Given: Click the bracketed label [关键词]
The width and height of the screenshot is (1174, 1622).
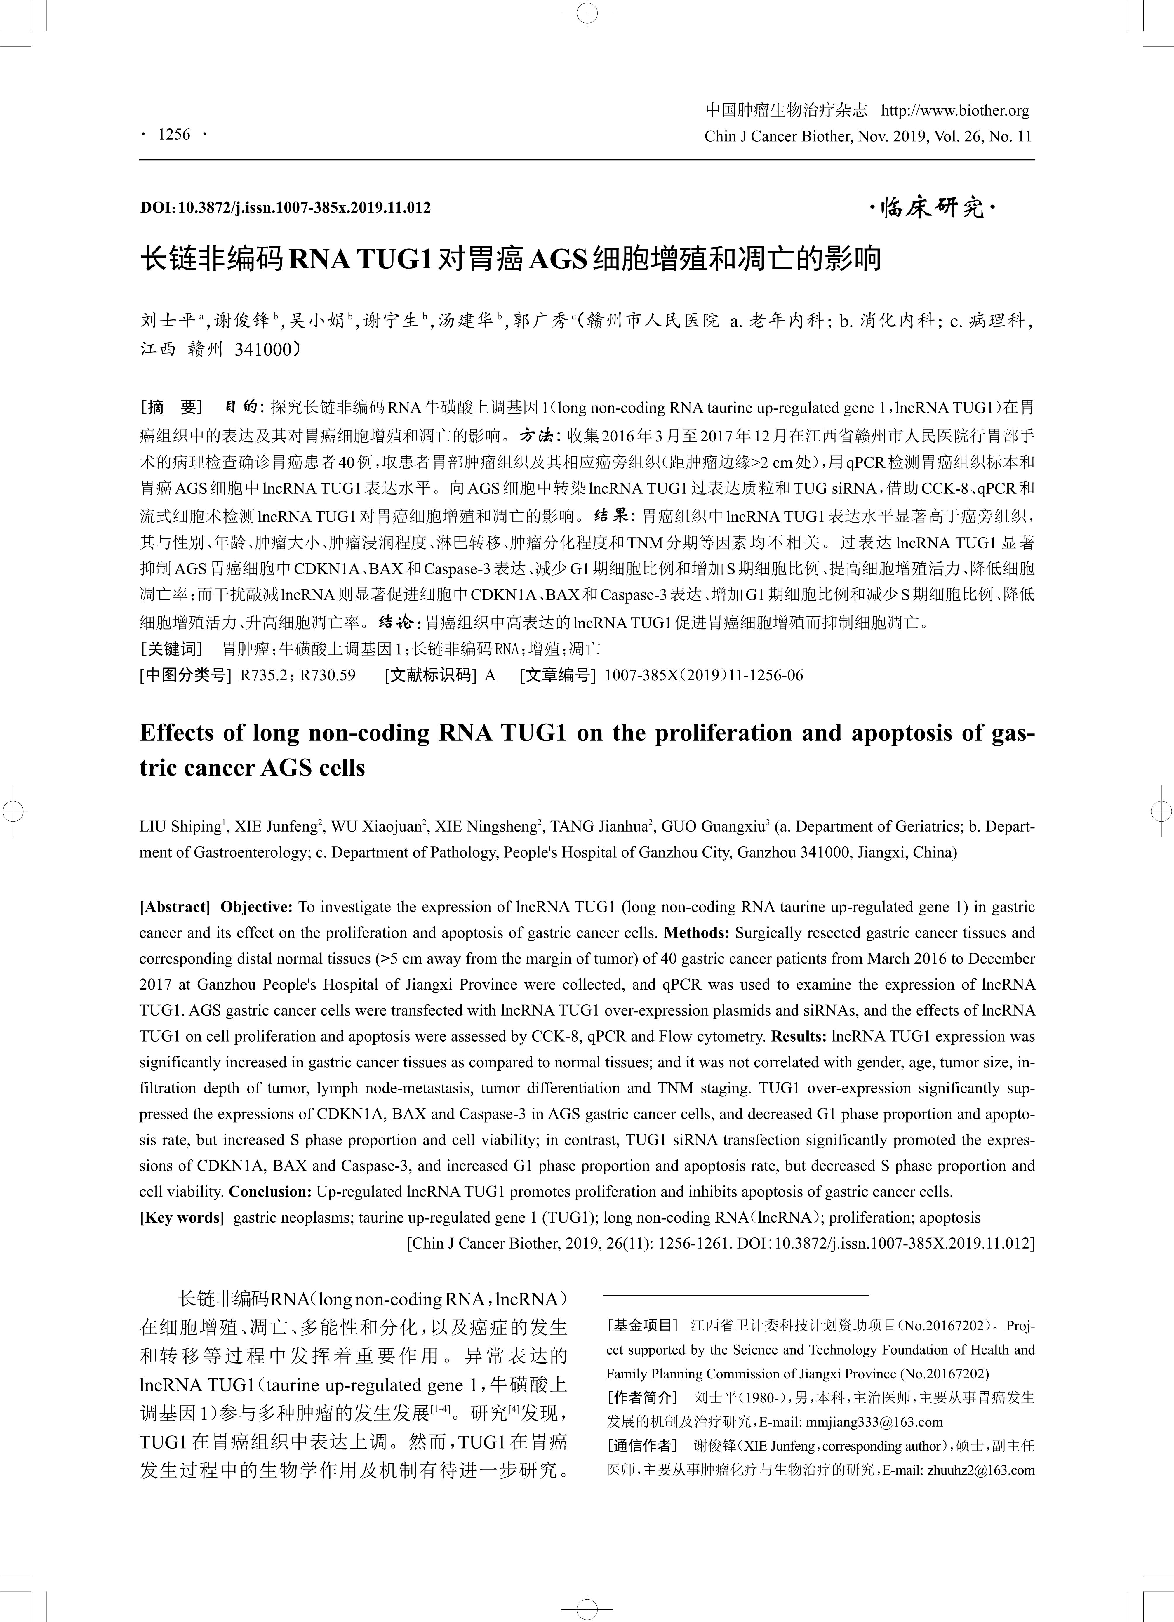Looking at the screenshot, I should tap(172, 649).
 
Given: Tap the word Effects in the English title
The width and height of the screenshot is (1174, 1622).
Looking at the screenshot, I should tap(176, 733).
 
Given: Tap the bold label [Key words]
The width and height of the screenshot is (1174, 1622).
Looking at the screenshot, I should tap(182, 1217).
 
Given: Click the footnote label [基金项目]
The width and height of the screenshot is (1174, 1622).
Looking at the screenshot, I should tap(642, 1325).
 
